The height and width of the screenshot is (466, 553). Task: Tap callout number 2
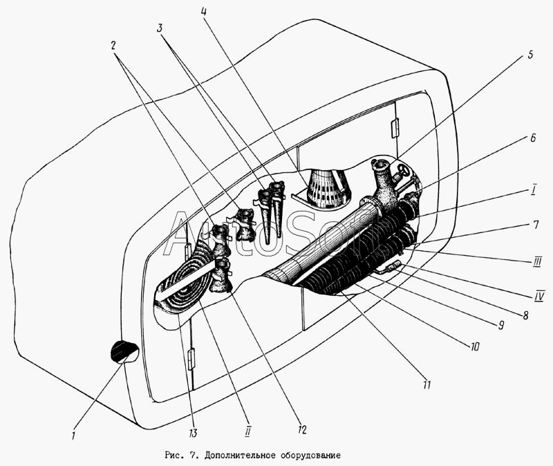tap(113, 46)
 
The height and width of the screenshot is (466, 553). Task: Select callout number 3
tap(160, 28)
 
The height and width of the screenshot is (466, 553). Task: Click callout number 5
tap(530, 55)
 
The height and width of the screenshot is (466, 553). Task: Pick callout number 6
tap(532, 138)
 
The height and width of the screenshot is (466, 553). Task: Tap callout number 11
tap(427, 384)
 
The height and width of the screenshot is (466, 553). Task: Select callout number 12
tap(302, 429)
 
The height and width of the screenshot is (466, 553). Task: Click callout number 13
tap(193, 433)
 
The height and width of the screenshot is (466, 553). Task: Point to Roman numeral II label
tap(247, 431)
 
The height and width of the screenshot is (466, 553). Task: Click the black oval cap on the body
tap(124, 351)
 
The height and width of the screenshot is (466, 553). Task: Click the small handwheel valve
tap(402, 171)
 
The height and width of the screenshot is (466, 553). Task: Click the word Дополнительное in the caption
tap(240, 456)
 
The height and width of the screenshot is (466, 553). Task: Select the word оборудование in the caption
tap(310, 456)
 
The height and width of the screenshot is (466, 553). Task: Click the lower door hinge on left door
tap(191, 359)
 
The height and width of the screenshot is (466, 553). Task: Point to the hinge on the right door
tap(395, 128)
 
